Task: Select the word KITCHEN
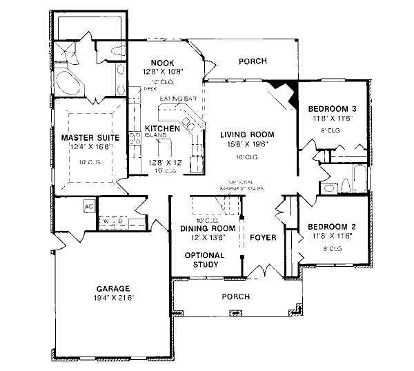(x=163, y=128)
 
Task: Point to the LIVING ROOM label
(x=247, y=134)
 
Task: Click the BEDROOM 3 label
(x=331, y=109)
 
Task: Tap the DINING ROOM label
(x=208, y=228)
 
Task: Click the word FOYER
(x=263, y=238)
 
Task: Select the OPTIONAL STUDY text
(x=204, y=259)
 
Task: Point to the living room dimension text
(x=247, y=145)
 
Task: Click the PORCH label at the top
(x=253, y=61)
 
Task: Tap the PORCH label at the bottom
(x=235, y=297)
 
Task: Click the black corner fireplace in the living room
(x=282, y=88)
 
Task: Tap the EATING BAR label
(x=175, y=99)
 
